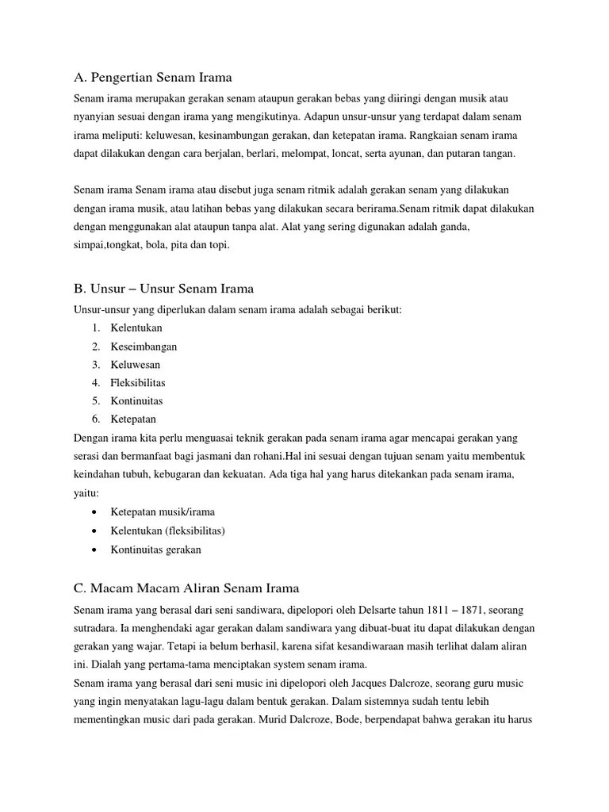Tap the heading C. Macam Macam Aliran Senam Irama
186,588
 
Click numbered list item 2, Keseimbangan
144,347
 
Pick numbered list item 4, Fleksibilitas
138,383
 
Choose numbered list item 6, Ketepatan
133,419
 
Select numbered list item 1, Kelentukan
136,327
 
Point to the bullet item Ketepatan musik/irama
163,512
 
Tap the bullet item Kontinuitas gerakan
156,549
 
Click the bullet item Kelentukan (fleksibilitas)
168,530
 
